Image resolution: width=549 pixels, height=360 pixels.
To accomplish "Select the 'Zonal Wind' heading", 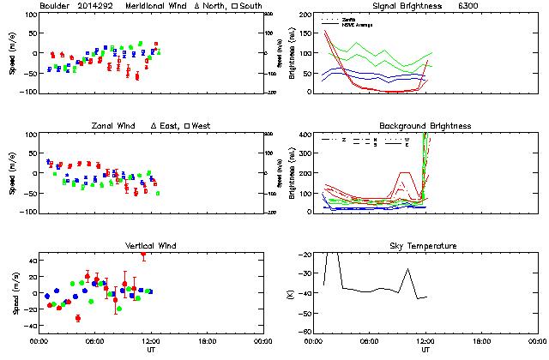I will (x=122, y=126).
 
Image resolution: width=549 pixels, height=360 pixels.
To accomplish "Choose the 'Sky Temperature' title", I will (x=425, y=246).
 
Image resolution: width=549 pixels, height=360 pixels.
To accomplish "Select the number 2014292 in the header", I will (x=96, y=6).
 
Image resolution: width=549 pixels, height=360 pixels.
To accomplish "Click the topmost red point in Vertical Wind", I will (x=143, y=254).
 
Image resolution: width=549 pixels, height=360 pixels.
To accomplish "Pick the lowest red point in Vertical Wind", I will (x=78, y=318).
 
